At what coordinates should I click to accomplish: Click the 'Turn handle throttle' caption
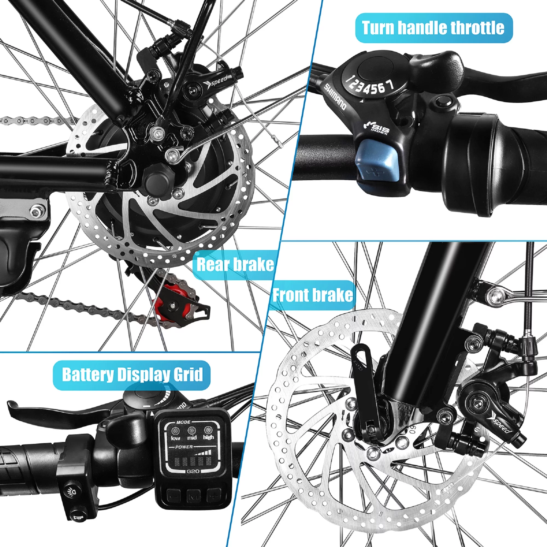433,28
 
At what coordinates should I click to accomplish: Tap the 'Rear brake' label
235,264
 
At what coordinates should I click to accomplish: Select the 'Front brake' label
312,295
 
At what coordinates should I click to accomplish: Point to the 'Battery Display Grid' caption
132,374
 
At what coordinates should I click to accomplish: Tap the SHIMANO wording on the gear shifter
335,96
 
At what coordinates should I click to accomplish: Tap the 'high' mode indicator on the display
208,433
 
